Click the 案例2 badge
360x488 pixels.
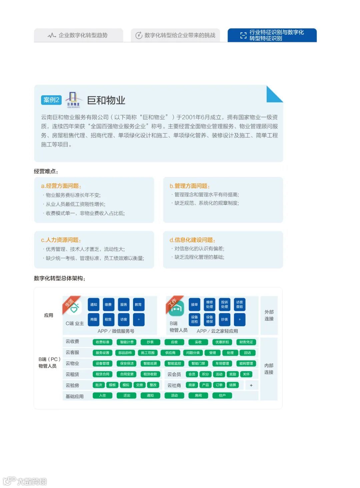tap(51, 100)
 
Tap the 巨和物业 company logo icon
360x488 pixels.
tap(73, 100)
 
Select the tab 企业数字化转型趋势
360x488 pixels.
tap(78, 35)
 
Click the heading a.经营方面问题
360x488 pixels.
tap(61, 186)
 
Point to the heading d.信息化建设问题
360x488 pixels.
tap(192, 240)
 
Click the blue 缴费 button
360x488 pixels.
tap(108, 304)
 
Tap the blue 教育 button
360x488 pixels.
tap(138, 304)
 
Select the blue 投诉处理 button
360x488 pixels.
tap(225, 304)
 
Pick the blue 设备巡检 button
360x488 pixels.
tap(194, 319)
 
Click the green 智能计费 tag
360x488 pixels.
tap(127, 342)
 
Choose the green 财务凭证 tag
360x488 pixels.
tap(246, 342)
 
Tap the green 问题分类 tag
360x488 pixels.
tap(193, 353)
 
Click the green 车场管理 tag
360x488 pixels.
tap(222, 363)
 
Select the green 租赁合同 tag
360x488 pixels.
tap(102, 374)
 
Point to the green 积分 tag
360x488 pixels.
tap(205, 374)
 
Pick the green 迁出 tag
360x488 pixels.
tap(127, 395)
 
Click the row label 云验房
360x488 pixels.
tap(72, 385)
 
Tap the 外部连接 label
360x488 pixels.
tap(269, 315)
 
